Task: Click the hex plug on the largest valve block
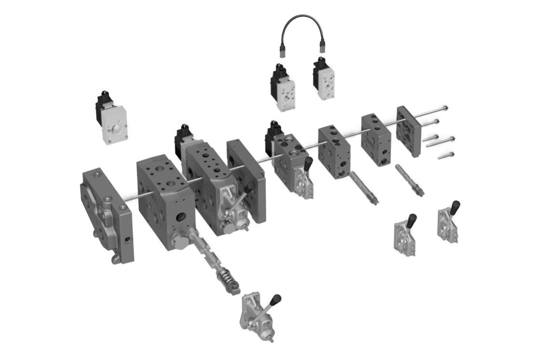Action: pos(180,241)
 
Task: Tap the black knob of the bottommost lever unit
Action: pos(276,300)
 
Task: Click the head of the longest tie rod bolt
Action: pos(445,108)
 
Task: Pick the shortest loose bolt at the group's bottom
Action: pos(445,155)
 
